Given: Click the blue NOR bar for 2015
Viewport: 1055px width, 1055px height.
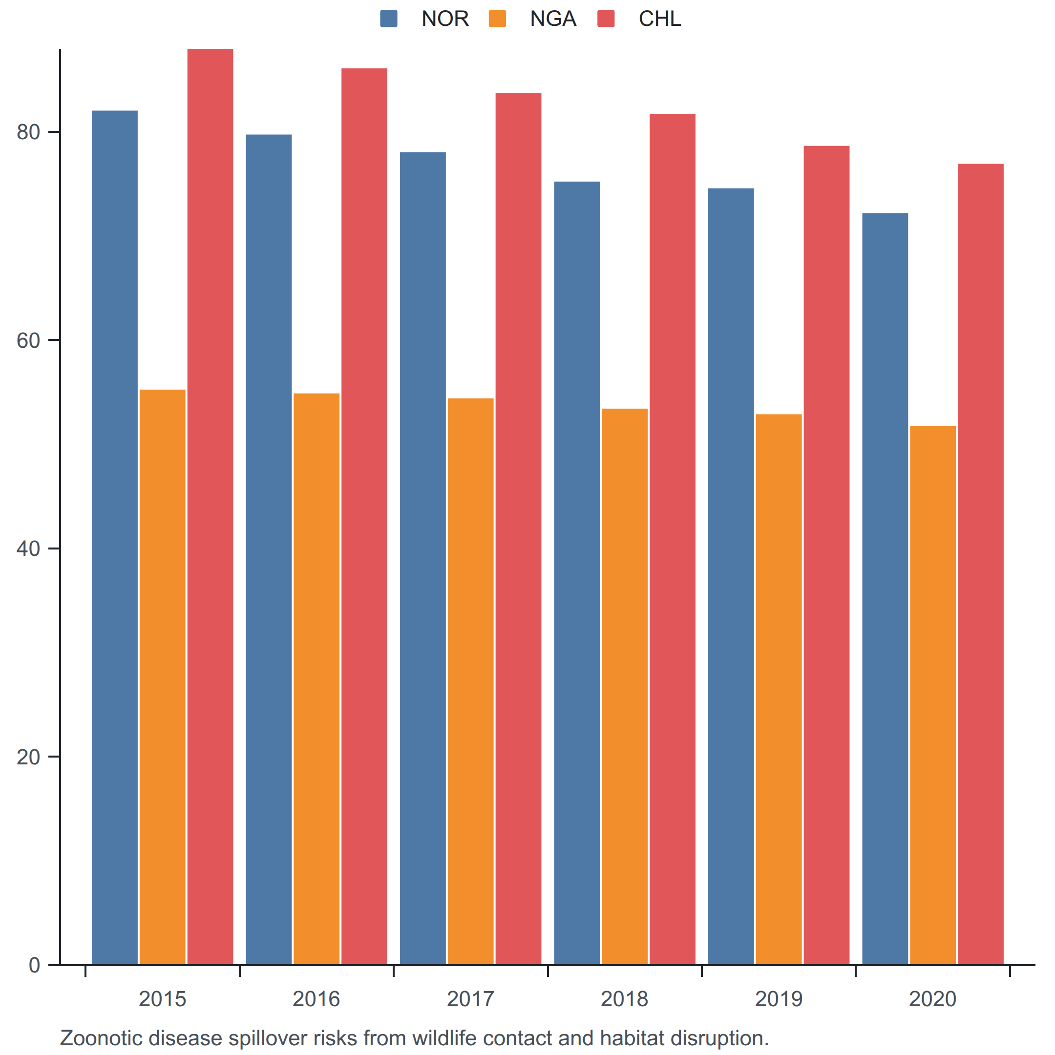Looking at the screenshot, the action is coord(115,538).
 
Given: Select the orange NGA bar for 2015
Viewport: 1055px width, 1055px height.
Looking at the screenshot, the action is coord(163,677).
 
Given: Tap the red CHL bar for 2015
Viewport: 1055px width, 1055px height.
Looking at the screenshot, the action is coord(210,507).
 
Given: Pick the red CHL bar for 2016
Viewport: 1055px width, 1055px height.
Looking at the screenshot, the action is coord(364,517).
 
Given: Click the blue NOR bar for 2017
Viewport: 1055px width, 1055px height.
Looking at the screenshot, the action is coord(422,559).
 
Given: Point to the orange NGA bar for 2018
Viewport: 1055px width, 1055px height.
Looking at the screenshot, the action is coord(625,687).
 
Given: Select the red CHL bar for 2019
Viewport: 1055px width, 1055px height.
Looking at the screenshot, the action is coord(827,555).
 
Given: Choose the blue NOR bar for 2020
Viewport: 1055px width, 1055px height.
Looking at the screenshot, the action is coord(885,589).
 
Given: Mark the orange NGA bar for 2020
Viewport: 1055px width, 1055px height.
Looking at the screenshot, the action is coord(933,696).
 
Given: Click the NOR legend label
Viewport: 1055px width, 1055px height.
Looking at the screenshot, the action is coord(445,19).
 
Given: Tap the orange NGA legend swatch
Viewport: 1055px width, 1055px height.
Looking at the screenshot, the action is coord(498,19).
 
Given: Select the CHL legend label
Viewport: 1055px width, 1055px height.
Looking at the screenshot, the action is coord(660,19).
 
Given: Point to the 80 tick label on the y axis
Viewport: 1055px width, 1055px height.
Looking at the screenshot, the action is coord(28,132).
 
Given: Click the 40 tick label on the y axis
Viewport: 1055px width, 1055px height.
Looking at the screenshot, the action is coord(28,549).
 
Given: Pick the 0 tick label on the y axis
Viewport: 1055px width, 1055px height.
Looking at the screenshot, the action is coord(34,966).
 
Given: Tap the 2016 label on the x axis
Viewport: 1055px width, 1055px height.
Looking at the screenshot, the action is coord(316,999).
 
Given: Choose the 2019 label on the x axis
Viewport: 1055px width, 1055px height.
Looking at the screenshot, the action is coord(779,999).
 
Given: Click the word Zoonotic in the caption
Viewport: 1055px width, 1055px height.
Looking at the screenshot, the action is coord(102,1038).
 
